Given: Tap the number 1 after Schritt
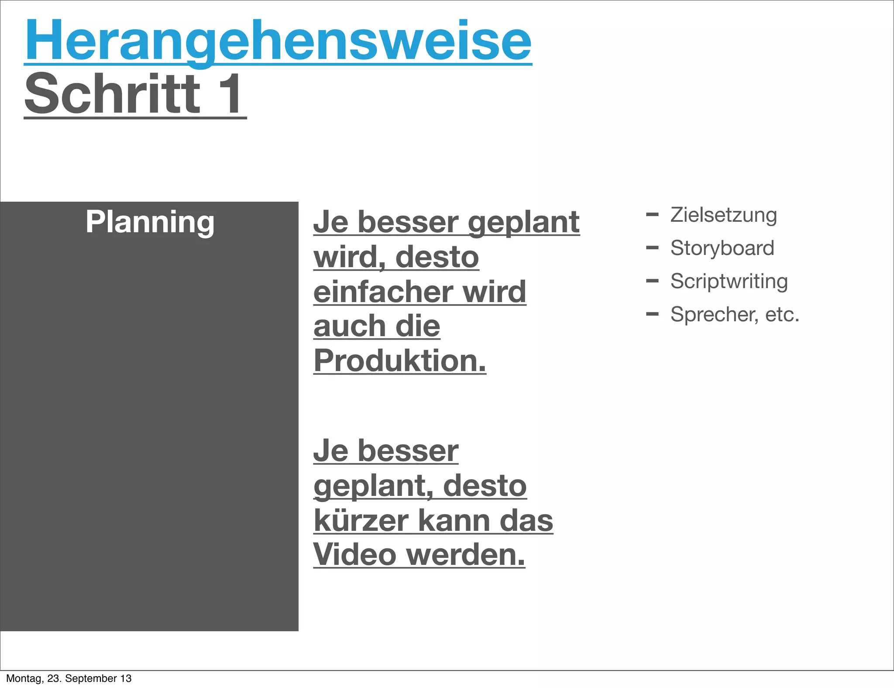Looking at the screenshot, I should [230, 94].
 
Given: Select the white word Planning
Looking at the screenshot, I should [150, 222].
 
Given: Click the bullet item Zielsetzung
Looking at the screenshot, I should [723, 215].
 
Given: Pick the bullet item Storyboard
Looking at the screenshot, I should [722, 248].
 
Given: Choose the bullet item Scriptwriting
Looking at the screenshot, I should [729, 281].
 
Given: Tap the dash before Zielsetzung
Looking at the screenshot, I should [652, 214].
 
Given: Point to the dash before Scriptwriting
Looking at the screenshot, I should [652, 281].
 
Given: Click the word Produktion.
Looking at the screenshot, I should [399, 361].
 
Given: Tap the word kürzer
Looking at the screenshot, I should [361, 520].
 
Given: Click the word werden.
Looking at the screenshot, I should [465, 554].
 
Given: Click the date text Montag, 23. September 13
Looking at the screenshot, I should [69, 678].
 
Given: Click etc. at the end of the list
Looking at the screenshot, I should [782, 314].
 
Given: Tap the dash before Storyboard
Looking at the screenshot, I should [652, 248].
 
